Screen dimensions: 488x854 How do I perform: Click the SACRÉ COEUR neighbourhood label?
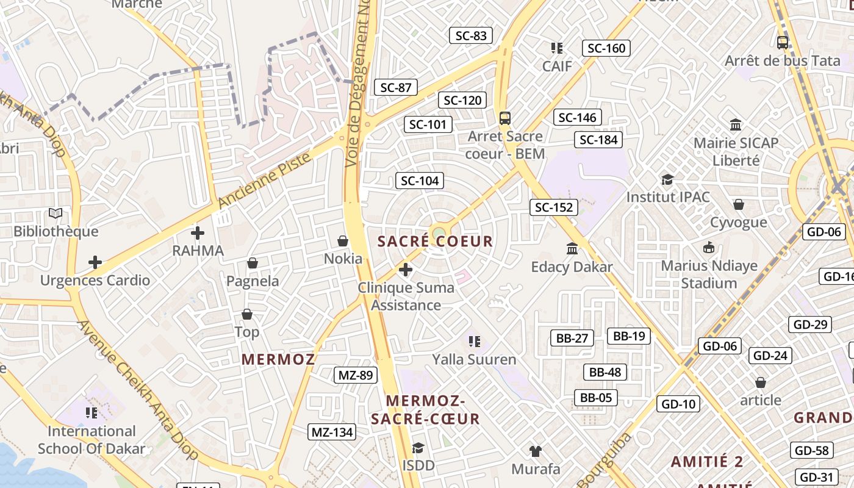click(x=435, y=241)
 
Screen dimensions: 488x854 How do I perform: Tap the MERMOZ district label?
click(x=278, y=359)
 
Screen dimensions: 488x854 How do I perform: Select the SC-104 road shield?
click(x=419, y=181)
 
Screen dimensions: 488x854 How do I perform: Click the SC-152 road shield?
click(x=553, y=207)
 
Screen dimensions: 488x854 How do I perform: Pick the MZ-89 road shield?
click(x=355, y=375)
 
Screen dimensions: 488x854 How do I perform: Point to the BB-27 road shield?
click(x=572, y=338)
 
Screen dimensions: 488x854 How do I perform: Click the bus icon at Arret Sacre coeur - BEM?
click(x=504, y=118)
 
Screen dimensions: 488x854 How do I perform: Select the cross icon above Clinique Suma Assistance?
click(x=406, y=269)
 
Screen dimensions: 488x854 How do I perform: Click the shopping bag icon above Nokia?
click(x=343, y=241)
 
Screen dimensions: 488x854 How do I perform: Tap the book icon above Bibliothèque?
click(x=56, y=213)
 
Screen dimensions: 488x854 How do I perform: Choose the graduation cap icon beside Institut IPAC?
click(x=668, y=179)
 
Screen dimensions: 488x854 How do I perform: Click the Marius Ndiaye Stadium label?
click(x=709, y=274)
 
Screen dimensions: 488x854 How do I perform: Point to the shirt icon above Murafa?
click(x=536, y=451)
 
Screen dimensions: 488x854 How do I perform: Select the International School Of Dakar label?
click(x=91, y=440)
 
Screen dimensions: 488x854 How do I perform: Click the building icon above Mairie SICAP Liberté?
click(x=736, y=125)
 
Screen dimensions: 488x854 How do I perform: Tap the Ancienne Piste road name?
click(x=264, y=181)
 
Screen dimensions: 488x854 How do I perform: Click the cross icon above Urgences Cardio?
click(x=95, y=262)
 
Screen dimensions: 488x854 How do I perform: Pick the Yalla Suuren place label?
click(x=474, y=359)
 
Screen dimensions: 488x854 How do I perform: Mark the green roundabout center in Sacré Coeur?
click(x=438, y=233)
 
